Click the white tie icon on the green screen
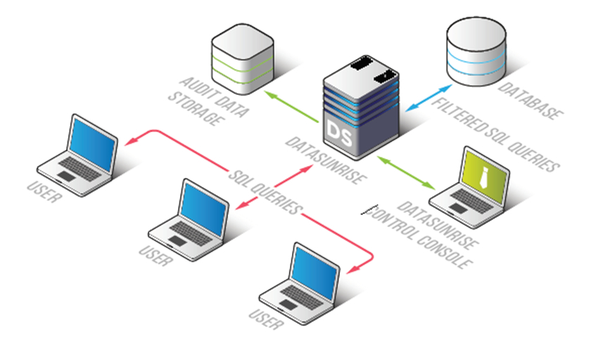(x=483, y=175)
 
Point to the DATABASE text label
(x=530, y=98)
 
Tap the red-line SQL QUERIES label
(x=268, y=190)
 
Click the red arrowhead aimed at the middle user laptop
(x=239, y=207)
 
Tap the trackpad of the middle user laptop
(x=177, y=240)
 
